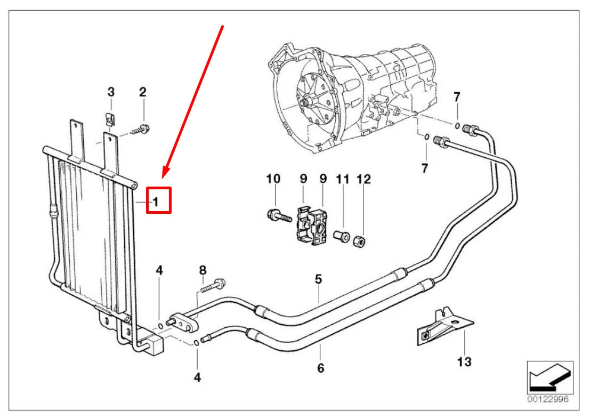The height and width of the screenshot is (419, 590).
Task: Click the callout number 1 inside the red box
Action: pos(155,202)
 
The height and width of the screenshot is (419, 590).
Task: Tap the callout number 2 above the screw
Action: pos(142,92)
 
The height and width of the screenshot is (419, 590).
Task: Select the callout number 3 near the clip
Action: pos(111,92)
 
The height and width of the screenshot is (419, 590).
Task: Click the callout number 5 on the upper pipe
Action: pos(318,278)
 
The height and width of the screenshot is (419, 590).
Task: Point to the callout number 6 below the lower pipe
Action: pos(320,367)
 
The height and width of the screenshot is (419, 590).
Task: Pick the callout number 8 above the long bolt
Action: pos(203,270)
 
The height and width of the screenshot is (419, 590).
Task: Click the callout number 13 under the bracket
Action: pos(464,362)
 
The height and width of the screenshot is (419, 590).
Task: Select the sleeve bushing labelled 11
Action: pos(341,236)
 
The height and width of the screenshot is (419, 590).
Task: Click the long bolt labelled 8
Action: pos(212,285)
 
